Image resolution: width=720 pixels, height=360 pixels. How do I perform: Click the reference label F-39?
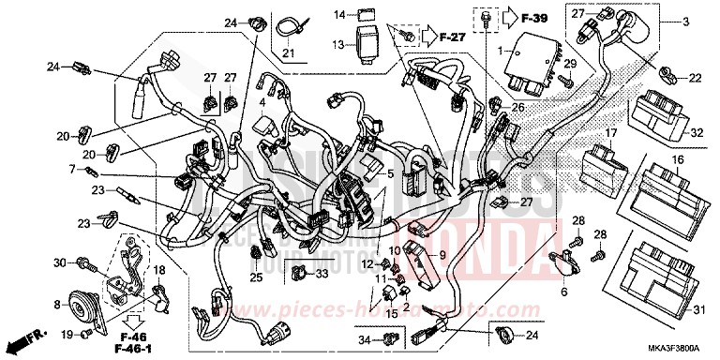tap(535, 19)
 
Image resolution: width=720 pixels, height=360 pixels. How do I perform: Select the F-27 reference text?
tap(451, 38)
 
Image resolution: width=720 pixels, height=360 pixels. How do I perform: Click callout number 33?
tap(322, 273)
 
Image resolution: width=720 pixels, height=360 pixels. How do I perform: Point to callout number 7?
tap(70, 169)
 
